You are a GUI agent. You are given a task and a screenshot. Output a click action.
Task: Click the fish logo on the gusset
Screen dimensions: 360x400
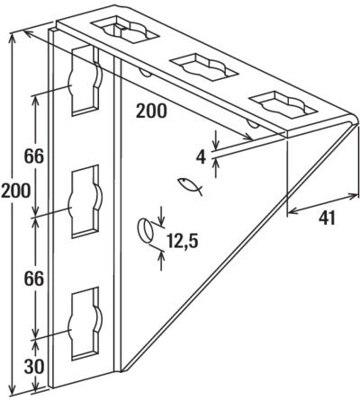tap(190, 186)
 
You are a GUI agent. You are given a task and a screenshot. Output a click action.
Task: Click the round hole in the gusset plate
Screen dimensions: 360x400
tap(145, 230)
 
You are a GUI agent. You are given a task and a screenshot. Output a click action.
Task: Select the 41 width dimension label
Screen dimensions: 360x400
tap(327, 218)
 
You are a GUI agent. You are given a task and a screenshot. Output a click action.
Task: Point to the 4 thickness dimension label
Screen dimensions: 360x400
tap(201, 157)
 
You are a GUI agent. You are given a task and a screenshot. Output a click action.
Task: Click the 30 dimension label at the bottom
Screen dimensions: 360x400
tap(34, 367)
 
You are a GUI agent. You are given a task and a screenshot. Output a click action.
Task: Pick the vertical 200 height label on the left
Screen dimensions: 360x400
tap(15, 191)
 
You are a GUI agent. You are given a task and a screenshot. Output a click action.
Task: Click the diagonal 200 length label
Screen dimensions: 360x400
tap(151, 111)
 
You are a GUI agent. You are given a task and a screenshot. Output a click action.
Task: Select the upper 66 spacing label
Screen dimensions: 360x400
tap(34, 156)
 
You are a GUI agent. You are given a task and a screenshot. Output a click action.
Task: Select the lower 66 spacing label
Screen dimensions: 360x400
tap(34, 280)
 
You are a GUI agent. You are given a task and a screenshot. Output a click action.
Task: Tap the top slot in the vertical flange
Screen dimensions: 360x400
tap(85, 80)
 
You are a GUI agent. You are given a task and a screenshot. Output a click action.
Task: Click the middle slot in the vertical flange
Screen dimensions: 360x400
tap(85, 201)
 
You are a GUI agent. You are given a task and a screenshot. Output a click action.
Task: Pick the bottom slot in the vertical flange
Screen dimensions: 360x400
tap(85, 324)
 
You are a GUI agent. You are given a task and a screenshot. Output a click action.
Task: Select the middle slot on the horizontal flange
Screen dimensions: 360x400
tap(204, 67)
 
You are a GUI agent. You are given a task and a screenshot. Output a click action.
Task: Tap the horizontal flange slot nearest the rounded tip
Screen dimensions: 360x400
tap(283, 104)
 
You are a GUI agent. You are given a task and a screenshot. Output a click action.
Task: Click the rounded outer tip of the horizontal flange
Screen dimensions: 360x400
tap(355, 120)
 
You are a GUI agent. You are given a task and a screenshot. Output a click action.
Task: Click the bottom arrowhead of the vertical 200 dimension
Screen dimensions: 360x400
tap(13, 389)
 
